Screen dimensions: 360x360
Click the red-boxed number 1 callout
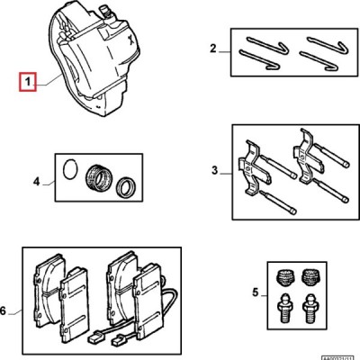[28, 84]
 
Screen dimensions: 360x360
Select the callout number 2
[212, 48]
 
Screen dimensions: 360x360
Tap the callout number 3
[214, 168]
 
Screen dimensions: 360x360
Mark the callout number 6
[4, 311]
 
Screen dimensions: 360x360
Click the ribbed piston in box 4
[97, 177]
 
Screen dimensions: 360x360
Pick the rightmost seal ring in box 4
[127, 188]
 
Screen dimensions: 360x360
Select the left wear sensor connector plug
[94, 342]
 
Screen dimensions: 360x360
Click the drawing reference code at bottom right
[338, 356]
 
